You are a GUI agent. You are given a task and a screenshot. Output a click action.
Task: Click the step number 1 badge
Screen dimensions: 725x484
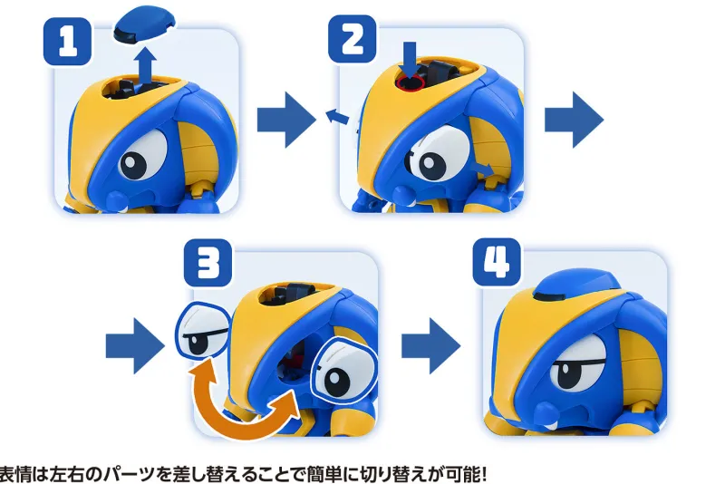tap(67, 42)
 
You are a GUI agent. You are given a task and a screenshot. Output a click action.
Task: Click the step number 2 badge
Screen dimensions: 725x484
tap(353, 39)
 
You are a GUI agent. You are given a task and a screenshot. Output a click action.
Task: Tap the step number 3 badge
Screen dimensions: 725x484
tap(208, 263)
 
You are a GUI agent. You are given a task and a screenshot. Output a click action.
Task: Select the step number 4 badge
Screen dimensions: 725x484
tap(497, 262)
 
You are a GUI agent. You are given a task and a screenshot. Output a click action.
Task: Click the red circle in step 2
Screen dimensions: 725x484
tap(410, 82)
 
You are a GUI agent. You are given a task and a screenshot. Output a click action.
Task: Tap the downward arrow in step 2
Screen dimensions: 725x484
tap(410, 58)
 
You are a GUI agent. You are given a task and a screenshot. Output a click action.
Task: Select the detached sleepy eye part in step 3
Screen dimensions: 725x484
tap(203, 329)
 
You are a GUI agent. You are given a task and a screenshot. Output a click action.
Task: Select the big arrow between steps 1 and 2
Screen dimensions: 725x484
tap(286, 121)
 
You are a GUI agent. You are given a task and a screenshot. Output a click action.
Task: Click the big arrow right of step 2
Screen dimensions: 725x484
tap(575, 121)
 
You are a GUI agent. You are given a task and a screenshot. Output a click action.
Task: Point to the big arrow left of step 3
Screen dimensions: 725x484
tap(135, 345)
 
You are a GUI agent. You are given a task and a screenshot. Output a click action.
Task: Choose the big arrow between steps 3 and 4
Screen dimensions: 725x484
tap(431, 345)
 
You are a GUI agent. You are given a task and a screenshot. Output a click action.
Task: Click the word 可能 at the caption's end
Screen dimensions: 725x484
tap(463, 474)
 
